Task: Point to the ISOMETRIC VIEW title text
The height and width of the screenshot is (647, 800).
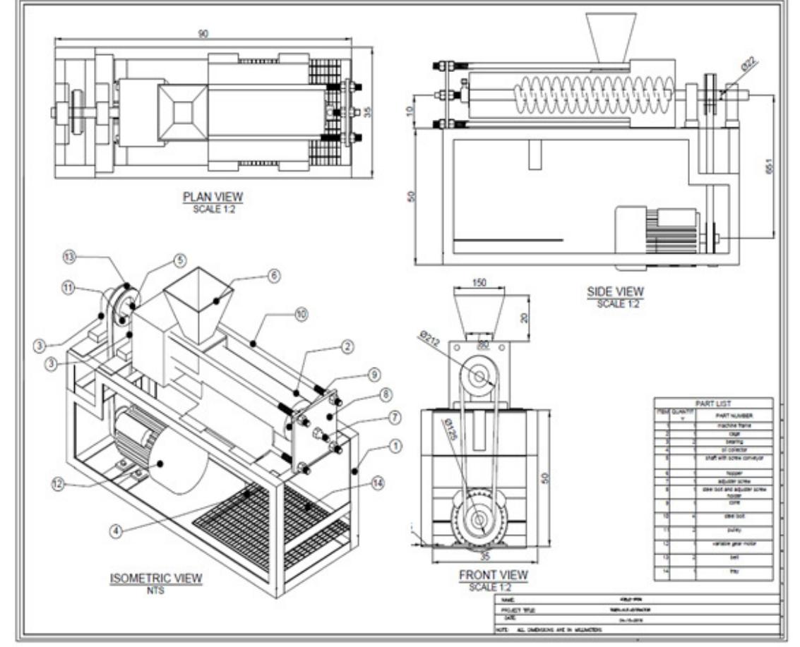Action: coord(156,579)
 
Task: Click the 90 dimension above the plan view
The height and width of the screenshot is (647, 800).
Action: coord(203,33)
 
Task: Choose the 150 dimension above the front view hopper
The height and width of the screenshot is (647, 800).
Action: coord(479,283)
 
